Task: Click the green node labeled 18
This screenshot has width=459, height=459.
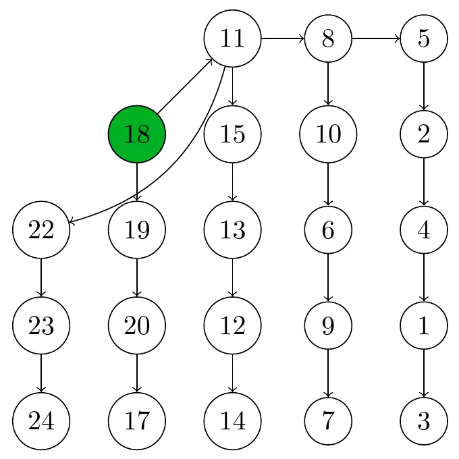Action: pyautogui.click(x=137, y=134)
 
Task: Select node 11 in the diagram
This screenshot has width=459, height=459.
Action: pyautogui.click(x=233, y=38)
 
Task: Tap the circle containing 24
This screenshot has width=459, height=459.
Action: pyautogui.click(x=41, y=421)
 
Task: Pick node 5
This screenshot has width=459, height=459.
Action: pyautogui.click(x=424, y=38)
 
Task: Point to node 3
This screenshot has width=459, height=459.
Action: pyautogui.click(x=424, y=421)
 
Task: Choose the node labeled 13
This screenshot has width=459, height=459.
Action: pyautogui.click(x=233, y=230)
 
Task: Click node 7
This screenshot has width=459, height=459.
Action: pyautogui.click(x=328, y=421)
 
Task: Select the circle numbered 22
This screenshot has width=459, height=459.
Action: pyautogui.click(x=41, y=230)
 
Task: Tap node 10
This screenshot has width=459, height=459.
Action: pyautogui.click(x=328, y=134)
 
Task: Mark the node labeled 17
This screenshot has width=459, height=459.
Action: pyautogui.click(x=137, y=421)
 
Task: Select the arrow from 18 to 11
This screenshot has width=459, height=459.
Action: pyautogui.click(x=185, y=86)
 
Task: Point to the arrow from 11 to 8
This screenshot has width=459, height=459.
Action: pyautogui.click(x=283, y=38)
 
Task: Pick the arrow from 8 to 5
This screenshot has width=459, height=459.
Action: pyautogui.click(x=376, y=38)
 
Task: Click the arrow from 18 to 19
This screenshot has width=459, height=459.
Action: pyautogui.click(x=137, y=182)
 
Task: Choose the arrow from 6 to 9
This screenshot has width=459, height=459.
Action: pyautogui.click(x=328, y=277)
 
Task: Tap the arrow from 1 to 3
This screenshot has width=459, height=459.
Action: pyautogui.click(x=424, y=373)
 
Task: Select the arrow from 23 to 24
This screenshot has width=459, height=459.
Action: pyautogui.click(x=41, y=373)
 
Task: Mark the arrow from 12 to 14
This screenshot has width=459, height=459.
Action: pyautogui.click(x=233, y=373)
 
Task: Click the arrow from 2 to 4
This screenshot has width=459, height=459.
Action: pyautogui.click(x=424, y=182)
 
